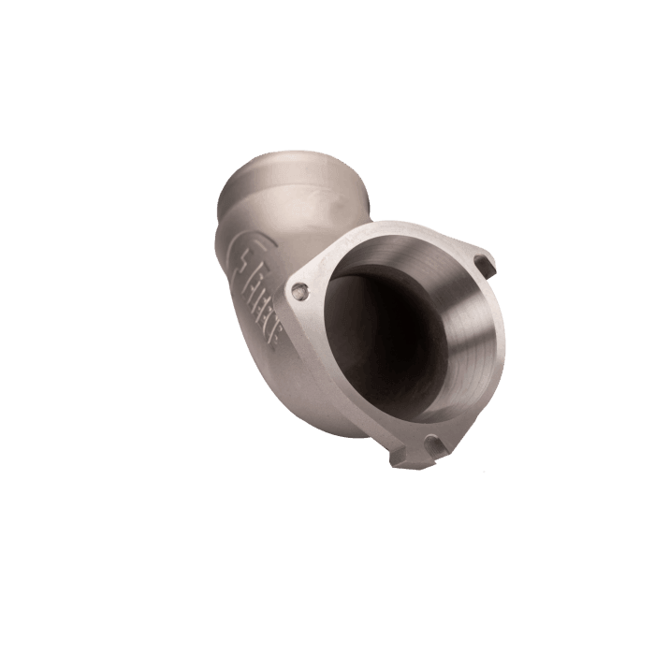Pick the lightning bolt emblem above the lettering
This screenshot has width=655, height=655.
click(243, 265)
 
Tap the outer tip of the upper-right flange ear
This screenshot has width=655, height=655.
click(494, 264)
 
